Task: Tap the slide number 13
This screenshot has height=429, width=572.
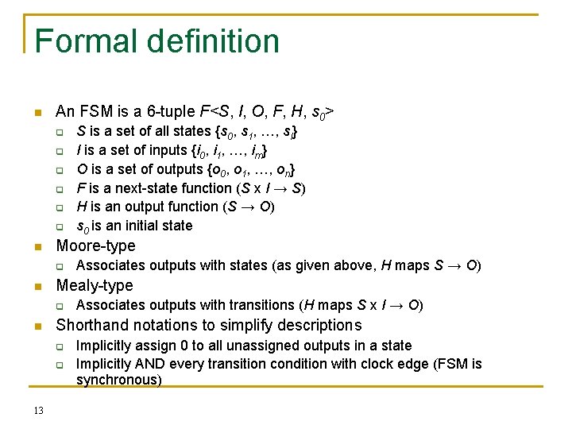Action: pos(39,410)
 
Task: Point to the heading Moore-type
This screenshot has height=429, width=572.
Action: pos(95,246)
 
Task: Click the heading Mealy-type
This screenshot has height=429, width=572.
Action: pos(94,286)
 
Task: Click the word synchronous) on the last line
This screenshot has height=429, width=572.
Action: pos(118,381)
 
